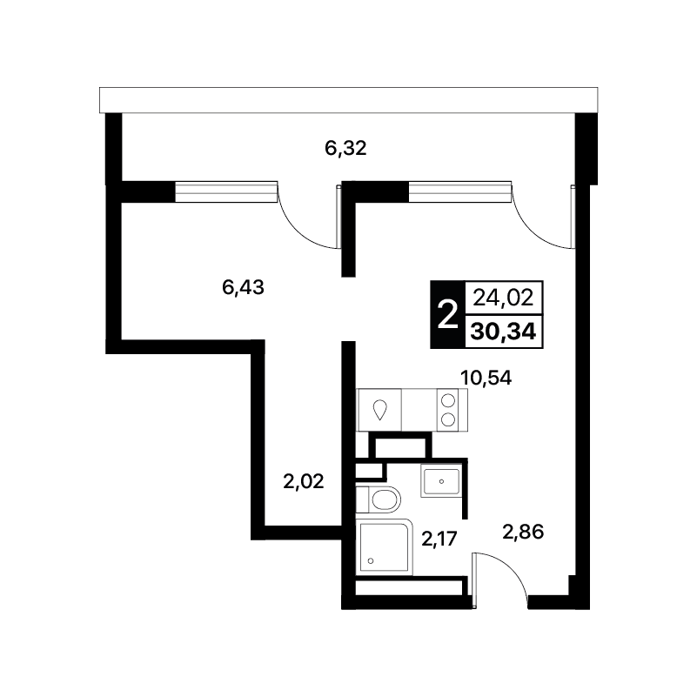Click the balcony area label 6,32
click(345, 149)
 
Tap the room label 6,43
click(243, 288)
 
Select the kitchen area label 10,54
click(486, 378)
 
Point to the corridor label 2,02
click(303, 481)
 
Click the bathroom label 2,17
click(439, 540)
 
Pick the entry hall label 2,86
click(523, 532)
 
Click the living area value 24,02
click(503, 298)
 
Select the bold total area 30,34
click(503, 332)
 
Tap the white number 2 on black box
click(447, 314)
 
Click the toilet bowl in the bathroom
click(385, 499)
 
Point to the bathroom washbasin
click(440, 481)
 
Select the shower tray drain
click(371, 561)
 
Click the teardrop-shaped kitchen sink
click(379, 410)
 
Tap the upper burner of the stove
click(447, 400)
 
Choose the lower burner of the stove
click(447, 419)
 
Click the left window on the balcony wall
click(226, 191)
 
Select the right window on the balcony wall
click(459, 191)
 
